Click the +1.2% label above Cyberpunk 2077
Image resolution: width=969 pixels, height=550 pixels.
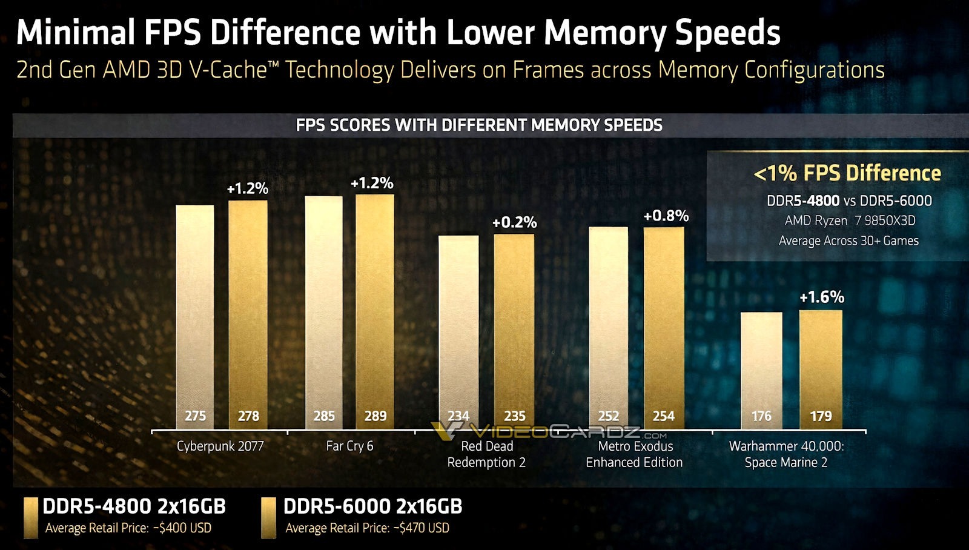pos(248,188)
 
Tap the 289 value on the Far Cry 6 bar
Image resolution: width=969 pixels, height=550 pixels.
pos(375,416)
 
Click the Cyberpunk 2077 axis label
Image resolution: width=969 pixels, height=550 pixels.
pos(220,446)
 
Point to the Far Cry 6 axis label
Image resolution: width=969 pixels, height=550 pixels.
pos(349,446)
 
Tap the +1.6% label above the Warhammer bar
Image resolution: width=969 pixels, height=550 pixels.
pos(821,297)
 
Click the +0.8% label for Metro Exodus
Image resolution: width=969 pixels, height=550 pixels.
pos(666,216)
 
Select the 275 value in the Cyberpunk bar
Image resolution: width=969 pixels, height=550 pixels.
pos(195,416)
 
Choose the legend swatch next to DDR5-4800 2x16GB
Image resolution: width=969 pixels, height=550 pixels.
pos(31,518)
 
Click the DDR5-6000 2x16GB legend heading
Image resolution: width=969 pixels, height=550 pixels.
pos(372,506)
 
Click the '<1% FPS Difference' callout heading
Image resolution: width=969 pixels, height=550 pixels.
pos(847,174)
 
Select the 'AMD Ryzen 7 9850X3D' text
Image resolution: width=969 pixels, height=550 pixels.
pos(850,220)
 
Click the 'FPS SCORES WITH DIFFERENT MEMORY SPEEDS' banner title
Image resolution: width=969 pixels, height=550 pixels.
pos(478,125)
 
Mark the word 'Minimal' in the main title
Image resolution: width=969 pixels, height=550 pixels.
pos(75,33)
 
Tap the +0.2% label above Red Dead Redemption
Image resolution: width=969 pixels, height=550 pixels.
pos(514,222)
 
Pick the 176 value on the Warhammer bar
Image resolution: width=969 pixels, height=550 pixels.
pos(761,416)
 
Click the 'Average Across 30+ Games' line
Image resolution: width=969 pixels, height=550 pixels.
pos(848,240)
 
